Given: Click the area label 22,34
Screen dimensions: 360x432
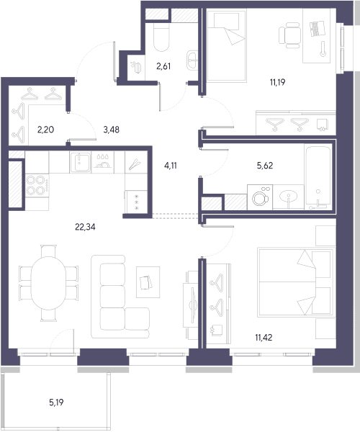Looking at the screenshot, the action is point(85,227).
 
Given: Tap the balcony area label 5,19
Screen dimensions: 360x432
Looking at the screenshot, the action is point(56,402).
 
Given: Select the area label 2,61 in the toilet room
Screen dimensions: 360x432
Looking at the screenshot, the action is point(163,66).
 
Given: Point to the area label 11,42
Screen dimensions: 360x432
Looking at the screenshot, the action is point(264,337).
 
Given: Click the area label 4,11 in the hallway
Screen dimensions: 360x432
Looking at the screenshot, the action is point(171,166).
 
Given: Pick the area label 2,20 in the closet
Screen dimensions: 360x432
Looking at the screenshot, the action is point(46,129).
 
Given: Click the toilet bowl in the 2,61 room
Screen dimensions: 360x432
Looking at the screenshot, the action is point(161,37).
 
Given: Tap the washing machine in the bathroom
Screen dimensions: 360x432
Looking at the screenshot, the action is point(260,197).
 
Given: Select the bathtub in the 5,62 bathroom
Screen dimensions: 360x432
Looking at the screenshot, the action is point(318,177).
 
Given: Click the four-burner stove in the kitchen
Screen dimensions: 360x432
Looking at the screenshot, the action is point(37,186).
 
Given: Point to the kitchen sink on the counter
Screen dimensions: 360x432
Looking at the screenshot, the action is point(80,162).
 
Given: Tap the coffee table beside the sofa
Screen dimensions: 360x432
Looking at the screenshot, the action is point(148,282).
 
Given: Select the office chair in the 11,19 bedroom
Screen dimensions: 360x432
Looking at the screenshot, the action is point(289,35).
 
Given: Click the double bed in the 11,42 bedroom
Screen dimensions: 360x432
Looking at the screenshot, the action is point(295,282).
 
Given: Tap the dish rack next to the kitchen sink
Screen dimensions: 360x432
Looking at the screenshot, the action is point(102,162).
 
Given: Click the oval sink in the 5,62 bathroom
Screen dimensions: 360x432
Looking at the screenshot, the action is point(289,197).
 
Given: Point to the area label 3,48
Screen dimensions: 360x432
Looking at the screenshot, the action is point(112,129).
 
